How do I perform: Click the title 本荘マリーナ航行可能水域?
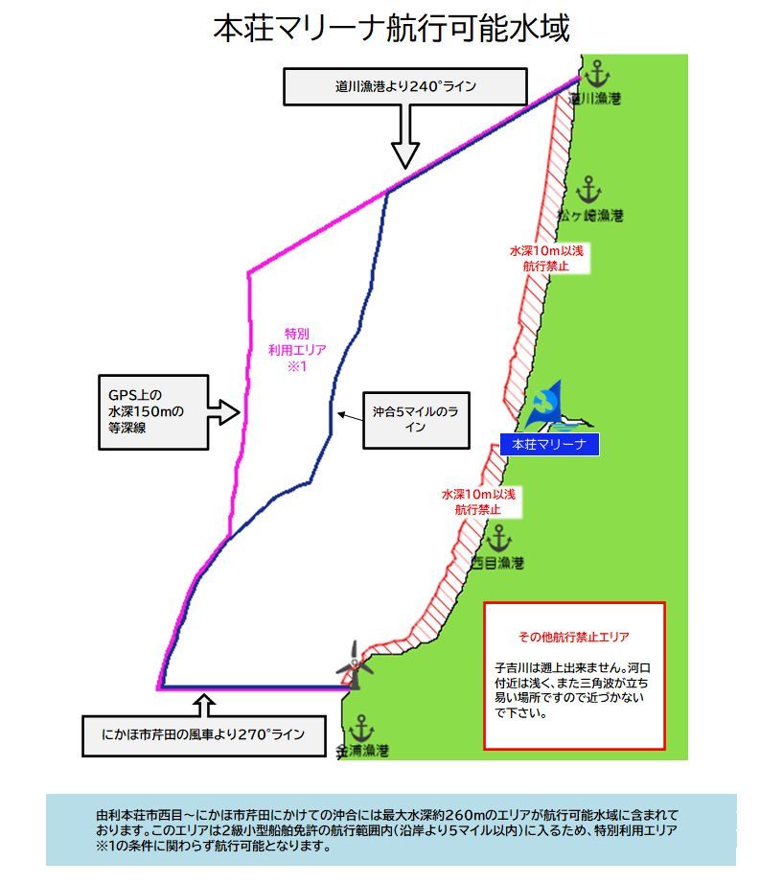click(x=391, y=29)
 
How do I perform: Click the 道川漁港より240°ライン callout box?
click(x=406, y=86)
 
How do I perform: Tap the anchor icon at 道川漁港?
click(x=596, y=73)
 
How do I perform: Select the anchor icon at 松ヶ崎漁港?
click(x=588, y=189)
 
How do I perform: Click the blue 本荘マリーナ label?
click(x=549, y=445)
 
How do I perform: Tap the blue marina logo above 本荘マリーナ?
click(x=547, y=407)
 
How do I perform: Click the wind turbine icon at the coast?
click(x=353, y=663)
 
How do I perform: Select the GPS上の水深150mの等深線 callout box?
click(x=152, y=412)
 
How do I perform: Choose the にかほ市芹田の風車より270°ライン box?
click(x=203, y=735)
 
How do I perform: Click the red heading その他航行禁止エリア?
click(x=574, y=637)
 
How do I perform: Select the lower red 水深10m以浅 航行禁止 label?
click(x=478, y=501)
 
